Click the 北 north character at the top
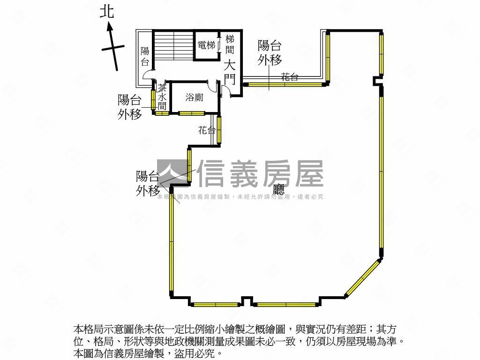pyautogui.click(x=107, y=11)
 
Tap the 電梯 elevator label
pyautogui.click(x=206, y=45)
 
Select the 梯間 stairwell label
pyautogui.click(x=229, y=44)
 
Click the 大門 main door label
pyautogui.click(x=229, y=72)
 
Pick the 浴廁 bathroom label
pyautogui.click(x=194, y=97)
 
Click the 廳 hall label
pyautogui.click(x=279, y=188)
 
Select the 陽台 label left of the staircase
pyautogui.click(x=145, y=56)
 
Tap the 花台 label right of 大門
pyautogui.click(x=290, y=77)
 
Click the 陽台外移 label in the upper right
pyautogui.click(x=270, y=52)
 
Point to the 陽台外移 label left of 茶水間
pyautogui.click(x=129, y=106)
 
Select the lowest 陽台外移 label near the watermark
pyautogui.click(x=148, y=183)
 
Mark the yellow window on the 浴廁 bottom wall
pyautogui.click(x=191, y=113)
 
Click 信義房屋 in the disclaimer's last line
pyautogui.click(x=126, y=353)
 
